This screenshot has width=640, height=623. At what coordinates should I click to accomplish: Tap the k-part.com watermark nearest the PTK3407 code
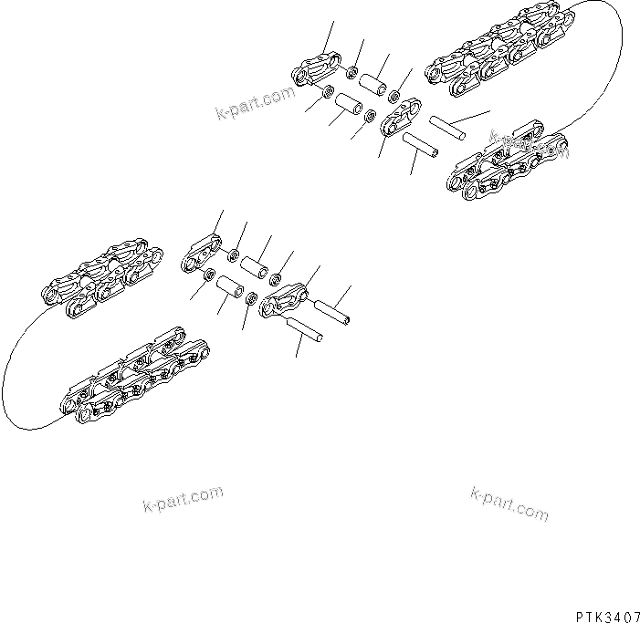(509, 503)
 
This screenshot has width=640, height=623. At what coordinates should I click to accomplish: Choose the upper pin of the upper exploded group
(448, 128)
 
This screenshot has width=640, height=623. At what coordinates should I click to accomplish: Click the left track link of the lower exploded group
(203, 252)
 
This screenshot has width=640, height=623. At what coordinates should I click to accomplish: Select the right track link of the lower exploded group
(283, 299)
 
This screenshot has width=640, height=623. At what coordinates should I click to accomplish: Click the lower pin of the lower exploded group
(302, 330)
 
